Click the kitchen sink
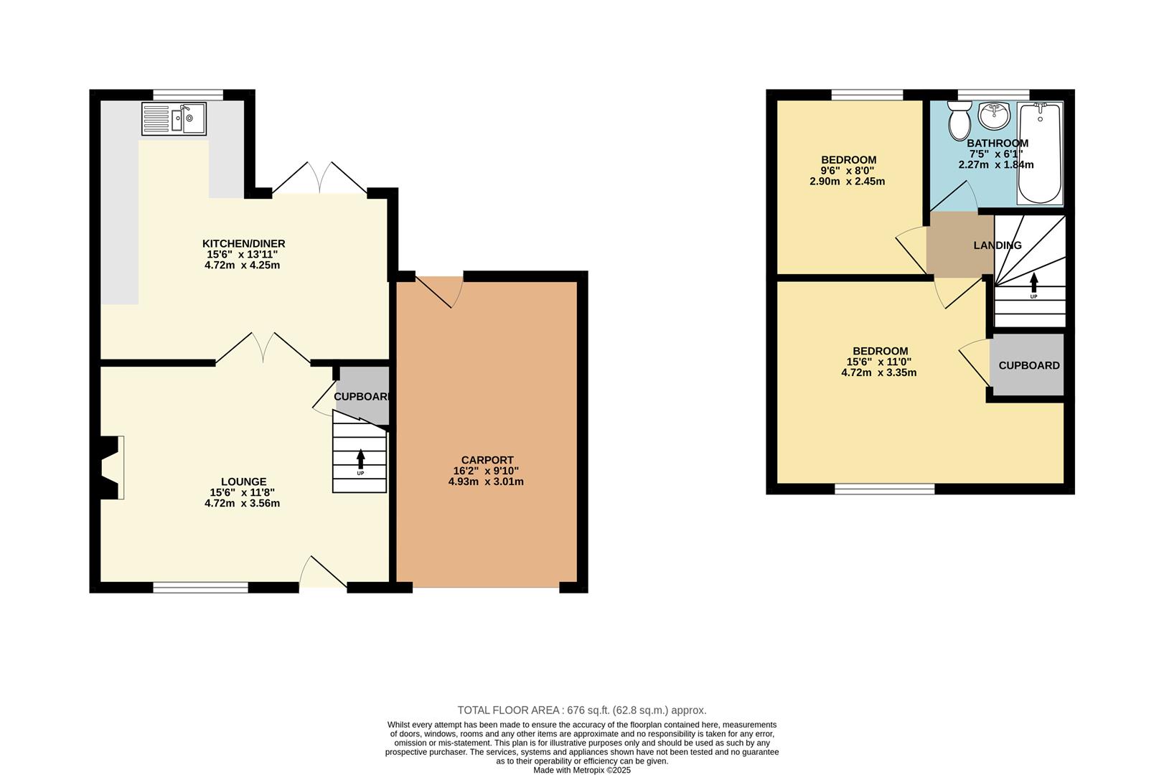[174, 118]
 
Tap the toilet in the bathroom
[957, 121]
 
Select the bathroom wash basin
[994, 113]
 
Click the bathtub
[1040, 153]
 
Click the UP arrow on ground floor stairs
[360, 459]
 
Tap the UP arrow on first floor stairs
[1033, 282]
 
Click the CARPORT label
[487, 460]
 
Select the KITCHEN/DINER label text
[243, 244]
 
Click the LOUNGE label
[243, 482]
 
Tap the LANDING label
[997, 245]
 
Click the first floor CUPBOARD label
[1028, 365]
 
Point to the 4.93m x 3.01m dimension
[486, 482]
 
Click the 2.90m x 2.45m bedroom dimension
[847, 182]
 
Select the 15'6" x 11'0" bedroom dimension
[879, 362]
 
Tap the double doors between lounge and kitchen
[263, 348]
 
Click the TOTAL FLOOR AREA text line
[581, 710]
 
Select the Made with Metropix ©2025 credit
[581, 770]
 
